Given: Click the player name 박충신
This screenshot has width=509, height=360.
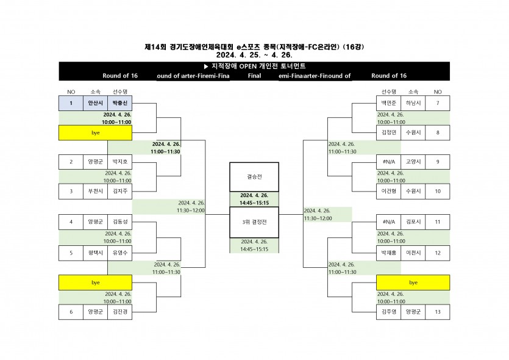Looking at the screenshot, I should [x=119, y=103].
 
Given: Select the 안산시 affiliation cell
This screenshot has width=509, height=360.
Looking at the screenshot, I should [x=95, y=103].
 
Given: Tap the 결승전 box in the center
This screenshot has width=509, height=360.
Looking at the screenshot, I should [x=254, y=177].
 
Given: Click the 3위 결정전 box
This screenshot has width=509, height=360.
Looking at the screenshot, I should [x=254, y=221].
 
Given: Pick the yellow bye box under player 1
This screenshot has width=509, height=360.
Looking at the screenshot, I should [x=95, y=132].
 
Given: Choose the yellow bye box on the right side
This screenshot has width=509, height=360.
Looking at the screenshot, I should [x=413, y=283].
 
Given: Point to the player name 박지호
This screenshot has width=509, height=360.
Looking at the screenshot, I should [x=119, y=162].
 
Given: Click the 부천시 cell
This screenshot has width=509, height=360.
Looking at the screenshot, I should [x=95, y=191].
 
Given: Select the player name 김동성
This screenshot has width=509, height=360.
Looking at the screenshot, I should [x=119, y=221].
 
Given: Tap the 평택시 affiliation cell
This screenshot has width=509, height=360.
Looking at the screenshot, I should [x=95, y=251].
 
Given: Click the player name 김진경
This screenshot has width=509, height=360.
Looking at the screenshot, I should [x=119, y=312].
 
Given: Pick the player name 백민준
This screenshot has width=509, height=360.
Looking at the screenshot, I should [x=388, y=103].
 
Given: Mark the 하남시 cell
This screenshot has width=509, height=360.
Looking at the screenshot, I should [x=413, y=103].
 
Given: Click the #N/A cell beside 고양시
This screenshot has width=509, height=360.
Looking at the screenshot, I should [x=388, y=162].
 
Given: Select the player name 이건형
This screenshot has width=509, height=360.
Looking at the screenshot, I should [x=388, y=191].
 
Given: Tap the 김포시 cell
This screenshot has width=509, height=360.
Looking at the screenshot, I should [x=413, y=221].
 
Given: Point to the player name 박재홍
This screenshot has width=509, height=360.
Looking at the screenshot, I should [x=388, y=251].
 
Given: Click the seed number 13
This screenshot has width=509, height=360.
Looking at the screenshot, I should [x=437, y=312].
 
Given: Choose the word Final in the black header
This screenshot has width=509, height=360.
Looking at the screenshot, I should [x=254, y=76].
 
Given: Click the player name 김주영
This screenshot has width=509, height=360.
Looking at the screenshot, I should [x=388, y=312].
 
